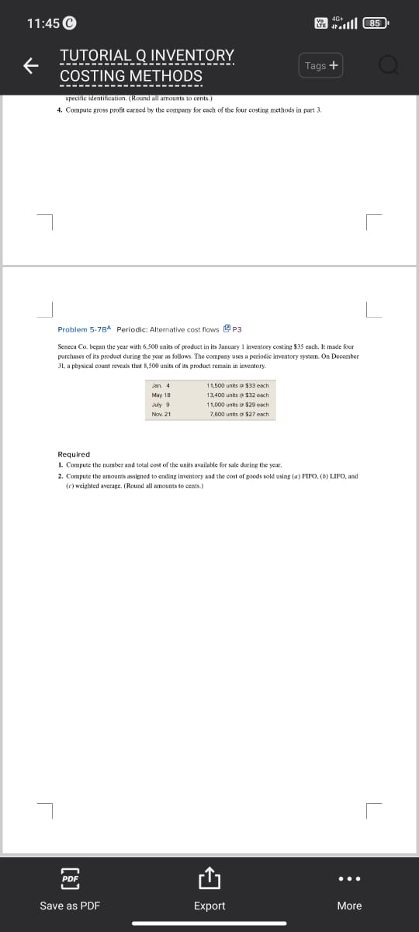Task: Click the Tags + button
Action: point(321,66)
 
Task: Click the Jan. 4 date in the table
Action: point(161,385)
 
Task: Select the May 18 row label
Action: point(161,395)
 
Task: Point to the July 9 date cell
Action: point(161,405)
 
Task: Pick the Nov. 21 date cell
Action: point(161,414)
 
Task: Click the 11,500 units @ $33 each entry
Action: point(237,385)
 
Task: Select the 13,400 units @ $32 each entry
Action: point(237,395)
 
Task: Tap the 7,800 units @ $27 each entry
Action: point(239,414)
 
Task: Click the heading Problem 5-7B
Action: point(85,329)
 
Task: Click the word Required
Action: point(74,454)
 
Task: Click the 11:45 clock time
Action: point(43,23)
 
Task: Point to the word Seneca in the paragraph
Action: point(68,346)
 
